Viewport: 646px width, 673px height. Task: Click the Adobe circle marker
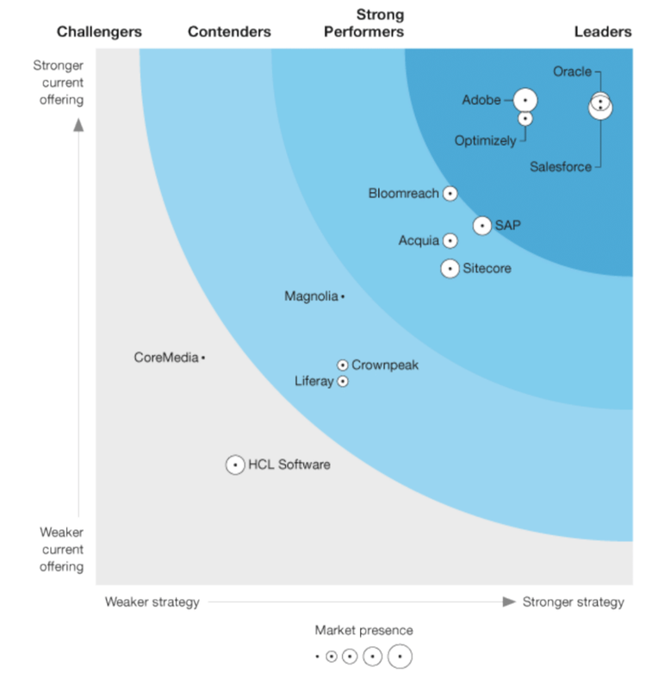[x=525, y=100]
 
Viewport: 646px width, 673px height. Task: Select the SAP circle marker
[x=482, y=226]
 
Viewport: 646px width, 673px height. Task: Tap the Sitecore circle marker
[x=450, y=269]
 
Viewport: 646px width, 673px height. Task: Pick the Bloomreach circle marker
[x=450, y=194]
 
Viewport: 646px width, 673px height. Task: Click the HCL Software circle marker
[x=235, y=465]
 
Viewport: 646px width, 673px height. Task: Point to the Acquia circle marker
[x=450, y=241]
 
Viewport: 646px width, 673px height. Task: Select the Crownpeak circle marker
[x=343, y=365]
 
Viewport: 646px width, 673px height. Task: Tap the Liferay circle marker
[x=343, y=381]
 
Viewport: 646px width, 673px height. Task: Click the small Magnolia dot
[x=343, y=296]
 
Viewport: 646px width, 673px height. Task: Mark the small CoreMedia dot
[x=203, y=358]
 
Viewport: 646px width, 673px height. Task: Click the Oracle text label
[x=572, y=72]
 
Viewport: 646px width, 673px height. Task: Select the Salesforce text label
[x=561, y=167]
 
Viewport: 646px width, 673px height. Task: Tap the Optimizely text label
[x=486, y=140]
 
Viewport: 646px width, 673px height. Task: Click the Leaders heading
[x=603, y=32]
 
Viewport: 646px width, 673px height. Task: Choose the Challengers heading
[x=99, y=32]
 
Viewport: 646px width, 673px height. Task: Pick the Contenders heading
[x=229, y=32]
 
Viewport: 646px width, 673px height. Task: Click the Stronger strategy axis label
[x=573, y=601]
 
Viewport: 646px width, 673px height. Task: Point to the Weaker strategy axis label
[x=152, y=601]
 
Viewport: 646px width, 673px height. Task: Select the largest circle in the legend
[x=400, y=657]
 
